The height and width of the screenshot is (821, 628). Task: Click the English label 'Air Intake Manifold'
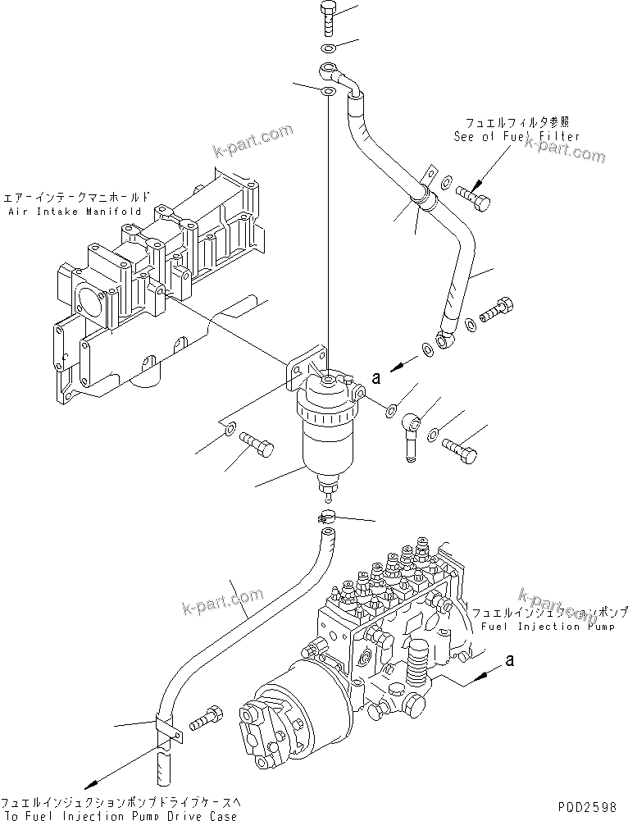pyautogui.click(x=77, y=211)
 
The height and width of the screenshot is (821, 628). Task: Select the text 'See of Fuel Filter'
pyautogui.click(x=517, y=137)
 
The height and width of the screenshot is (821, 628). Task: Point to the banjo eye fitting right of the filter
pyautogui.click(x=412, y=425)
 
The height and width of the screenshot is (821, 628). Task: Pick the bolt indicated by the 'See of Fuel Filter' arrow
pyautogui.click(x=473, y=195)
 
